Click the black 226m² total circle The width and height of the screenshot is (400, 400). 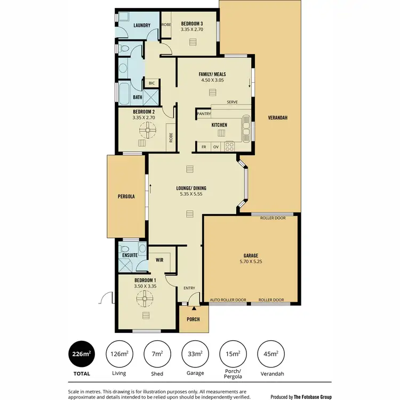pyautogui.click(x=82, y=353)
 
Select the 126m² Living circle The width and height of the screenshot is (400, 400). pyautogui.click(x=119, y=353)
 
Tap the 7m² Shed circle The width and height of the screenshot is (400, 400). pyautogui.click(x=157, y=353)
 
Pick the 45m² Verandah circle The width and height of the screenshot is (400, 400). pyautogui.click(x=270, y=353)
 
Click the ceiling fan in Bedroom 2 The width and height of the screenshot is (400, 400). pyautogui.click(x=147, y=129)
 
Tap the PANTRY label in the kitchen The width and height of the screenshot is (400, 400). pyautogui.click(x=204, y=114)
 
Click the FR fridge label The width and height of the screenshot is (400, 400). pyautogui.click(x=203, y=146)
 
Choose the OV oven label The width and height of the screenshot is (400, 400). pyautogui.click(x=216, y=146)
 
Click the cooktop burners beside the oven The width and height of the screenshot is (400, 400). pyautogui.click(x=230, y=146)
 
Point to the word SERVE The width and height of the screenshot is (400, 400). pyautogui.click(x=232, y=102)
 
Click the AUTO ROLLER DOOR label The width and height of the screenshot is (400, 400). pyautogui.click(x=228, y=300)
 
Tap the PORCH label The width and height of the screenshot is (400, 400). pyautogui.click(x=193, y=319)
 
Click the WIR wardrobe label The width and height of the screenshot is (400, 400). pyautogui.click(x=159, y=260)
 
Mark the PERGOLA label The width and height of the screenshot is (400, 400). pyautogui.click(x=126, y=196)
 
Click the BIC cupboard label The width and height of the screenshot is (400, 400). pyautogui.click(x=151, y=83)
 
